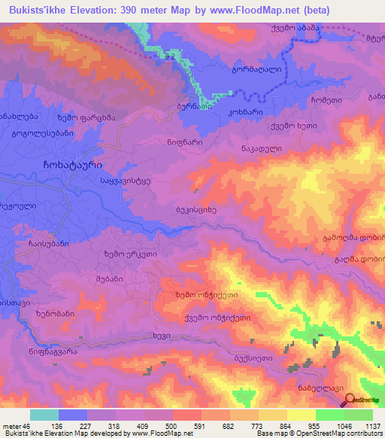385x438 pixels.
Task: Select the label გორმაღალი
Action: (256, 69)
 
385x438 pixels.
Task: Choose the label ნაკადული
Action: (262, 149)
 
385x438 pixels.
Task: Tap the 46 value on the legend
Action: (26, 425)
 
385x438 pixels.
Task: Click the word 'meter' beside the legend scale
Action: (11, 425)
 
